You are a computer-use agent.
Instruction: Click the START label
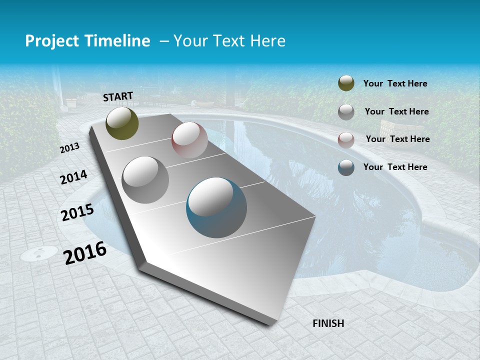pos(118,96)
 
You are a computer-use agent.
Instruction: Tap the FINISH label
pos(328,323)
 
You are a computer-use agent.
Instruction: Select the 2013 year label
pos(70,148)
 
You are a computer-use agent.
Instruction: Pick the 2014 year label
pos(74,177)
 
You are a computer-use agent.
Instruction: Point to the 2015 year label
pos(77,212)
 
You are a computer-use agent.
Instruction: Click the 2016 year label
pos(85,253)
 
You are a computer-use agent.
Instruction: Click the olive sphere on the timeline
pos(122,123)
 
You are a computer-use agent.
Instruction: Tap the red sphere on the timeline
pos(189,140)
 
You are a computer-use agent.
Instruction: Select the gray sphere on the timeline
pos(145,180)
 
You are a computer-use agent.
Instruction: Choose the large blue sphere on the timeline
pos(216,207)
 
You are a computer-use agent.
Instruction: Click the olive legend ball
pos(346,83)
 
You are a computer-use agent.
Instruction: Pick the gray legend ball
pos(346,112)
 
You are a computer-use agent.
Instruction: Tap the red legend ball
pos(346,140)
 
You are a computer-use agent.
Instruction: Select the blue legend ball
pos(346,167)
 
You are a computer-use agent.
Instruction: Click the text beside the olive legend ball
pos(395,84)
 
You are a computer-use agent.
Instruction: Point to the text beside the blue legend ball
pos(395,167)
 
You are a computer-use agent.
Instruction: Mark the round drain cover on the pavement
pos(39,253)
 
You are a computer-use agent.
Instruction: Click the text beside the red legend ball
pos(397,139)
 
